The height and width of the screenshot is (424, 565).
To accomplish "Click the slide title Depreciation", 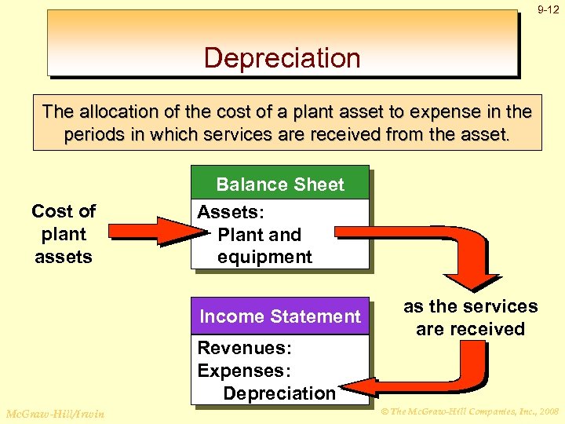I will (x=282, y=58).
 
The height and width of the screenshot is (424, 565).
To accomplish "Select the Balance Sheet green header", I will (x=280, y=185).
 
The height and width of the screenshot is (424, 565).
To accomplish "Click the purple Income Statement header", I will (x=280, y=316).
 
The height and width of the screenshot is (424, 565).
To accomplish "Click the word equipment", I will (x=264, y=257).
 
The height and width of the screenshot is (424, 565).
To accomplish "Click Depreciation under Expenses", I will (x=279, y=393).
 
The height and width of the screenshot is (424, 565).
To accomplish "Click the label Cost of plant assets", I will (x=64, y=233).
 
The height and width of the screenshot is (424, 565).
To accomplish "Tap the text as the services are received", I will (x=470, y=317).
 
